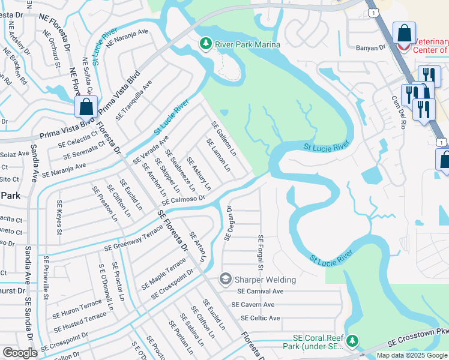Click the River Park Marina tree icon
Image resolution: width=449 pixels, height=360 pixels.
coord(206,43)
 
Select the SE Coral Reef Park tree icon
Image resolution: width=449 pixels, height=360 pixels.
coord(352,341)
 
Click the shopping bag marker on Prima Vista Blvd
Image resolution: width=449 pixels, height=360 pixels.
coord(86,107)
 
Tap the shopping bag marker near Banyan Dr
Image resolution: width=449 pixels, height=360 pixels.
coord(405,33)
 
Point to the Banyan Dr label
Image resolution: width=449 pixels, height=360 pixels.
coord(370,47)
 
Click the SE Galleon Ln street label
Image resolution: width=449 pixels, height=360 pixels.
coord(223,137)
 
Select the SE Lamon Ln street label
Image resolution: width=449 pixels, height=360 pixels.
coord(218,155)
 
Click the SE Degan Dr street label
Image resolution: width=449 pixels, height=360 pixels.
coord(228,223)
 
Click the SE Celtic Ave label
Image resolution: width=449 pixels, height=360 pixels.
coord(260,318)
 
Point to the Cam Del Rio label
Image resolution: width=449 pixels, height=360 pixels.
coord(399,112)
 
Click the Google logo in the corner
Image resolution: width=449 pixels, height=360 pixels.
coord(20,352)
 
